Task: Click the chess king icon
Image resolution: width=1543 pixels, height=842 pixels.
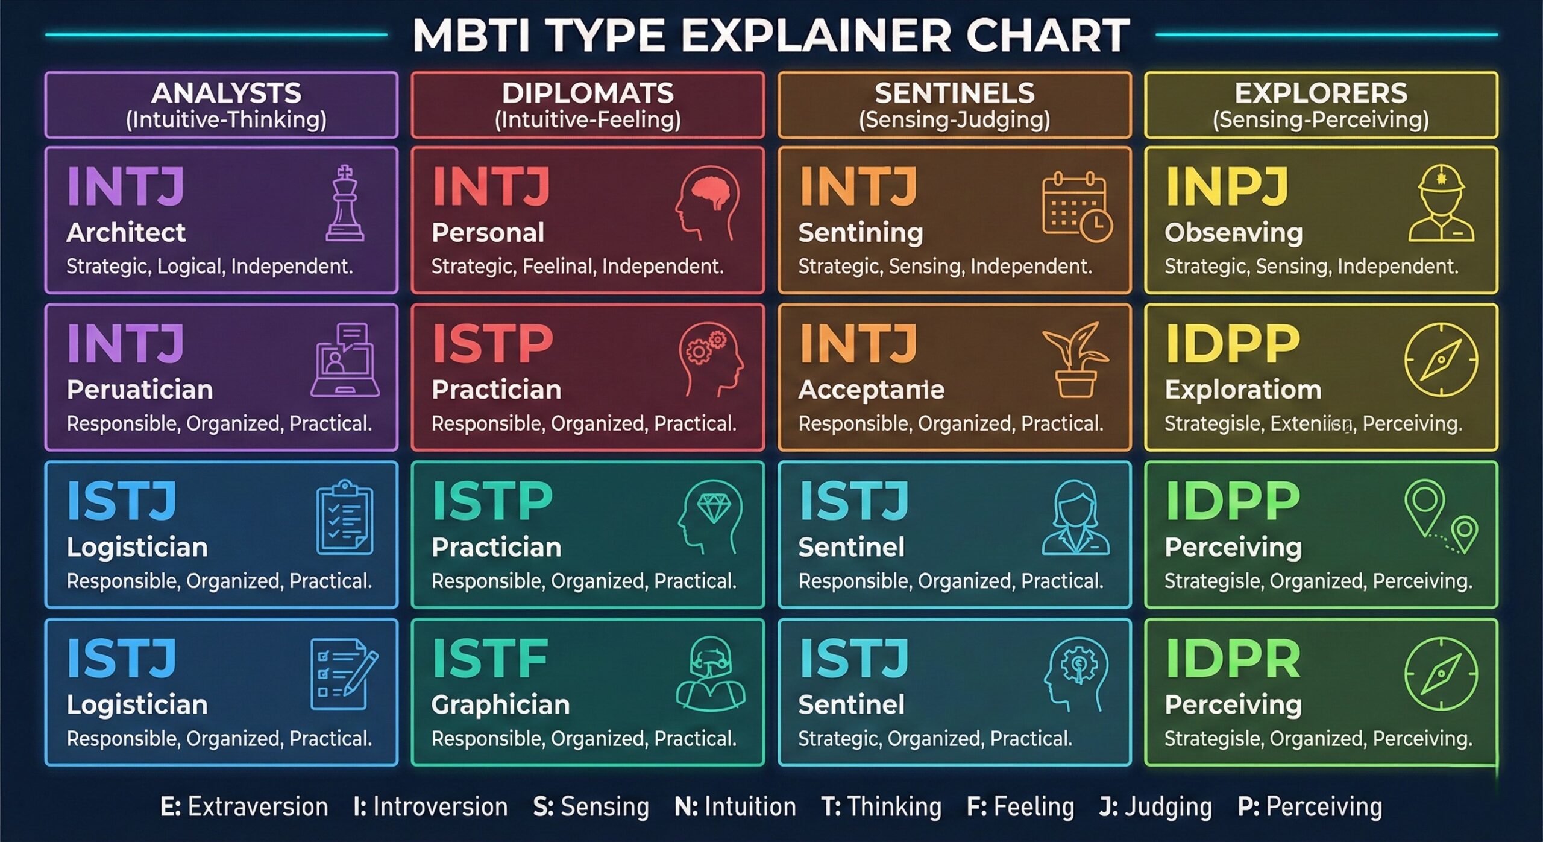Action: (x=345, y=203)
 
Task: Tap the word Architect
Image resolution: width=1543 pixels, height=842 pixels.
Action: (x=126, y=233)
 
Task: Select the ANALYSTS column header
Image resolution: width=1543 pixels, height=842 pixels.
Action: (x=226, y=93)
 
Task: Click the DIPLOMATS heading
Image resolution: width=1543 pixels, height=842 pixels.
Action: (x=588, y=93)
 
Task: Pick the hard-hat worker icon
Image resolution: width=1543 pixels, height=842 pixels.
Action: (x=1441, y=203)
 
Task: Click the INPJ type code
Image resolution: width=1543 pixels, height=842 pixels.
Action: (x=1227, y=186)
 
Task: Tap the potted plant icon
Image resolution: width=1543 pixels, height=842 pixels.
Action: (x=1076, y=359)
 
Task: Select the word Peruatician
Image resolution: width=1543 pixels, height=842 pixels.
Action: (x=140, y=390)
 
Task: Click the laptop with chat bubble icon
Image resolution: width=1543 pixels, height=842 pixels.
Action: (x=345, y=360)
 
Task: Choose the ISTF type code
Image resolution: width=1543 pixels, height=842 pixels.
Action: (x=490, y=659)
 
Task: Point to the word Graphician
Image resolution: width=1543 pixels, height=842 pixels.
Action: (x=500, y=705)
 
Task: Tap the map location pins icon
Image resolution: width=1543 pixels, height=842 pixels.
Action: (x=1441, y=517)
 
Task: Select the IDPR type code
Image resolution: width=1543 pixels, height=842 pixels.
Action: (x=1233, y=659)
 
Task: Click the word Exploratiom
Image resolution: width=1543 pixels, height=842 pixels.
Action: (x=1243, y=390)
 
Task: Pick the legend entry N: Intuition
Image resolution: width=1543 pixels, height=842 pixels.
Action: (x=735, y=807)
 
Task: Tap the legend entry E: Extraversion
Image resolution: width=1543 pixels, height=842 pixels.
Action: (x=244, y=807)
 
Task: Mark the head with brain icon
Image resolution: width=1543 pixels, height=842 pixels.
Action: (x=707, y=203)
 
